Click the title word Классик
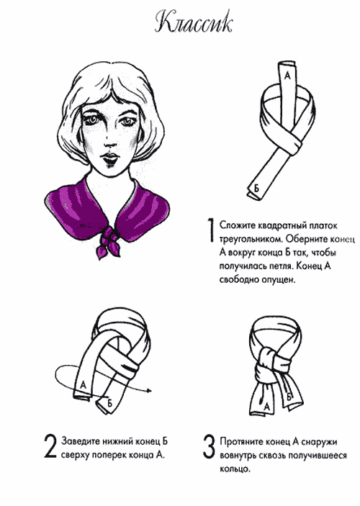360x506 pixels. tap(194, 23)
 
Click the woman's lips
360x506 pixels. tap(109, 159)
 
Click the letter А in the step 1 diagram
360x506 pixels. tap(288, 76)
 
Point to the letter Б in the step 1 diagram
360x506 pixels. tap(256, 189)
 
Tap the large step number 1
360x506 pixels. tap(210, 230)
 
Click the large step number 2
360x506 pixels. tap(50, 447)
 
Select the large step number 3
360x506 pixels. tap(209, 447)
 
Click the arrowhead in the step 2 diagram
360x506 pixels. tap(149, 391)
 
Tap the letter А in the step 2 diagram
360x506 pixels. tap(84, 384)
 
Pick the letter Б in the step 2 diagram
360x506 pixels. tap(109, 403)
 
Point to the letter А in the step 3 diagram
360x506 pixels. tap(266, 407)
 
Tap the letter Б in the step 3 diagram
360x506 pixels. tap(289, 397)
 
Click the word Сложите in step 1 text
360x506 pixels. tap(238, 225)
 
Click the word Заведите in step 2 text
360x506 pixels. tap(81, 441)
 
